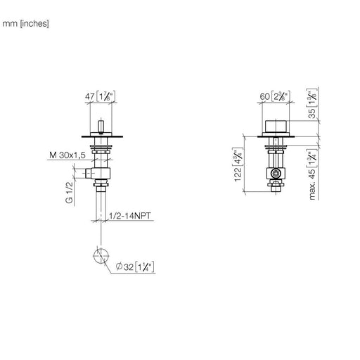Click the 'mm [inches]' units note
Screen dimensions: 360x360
click(25, 24)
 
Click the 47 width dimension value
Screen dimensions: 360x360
click(89, 96)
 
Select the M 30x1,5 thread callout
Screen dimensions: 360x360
click(67, 155)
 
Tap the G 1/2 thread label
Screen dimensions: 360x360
click(70, 193)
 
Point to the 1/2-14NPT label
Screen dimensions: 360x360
click(130, 216)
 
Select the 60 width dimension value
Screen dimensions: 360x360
click(265, 96)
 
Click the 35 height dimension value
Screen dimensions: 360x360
click(312, 113)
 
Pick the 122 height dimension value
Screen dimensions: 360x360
click(238, 174)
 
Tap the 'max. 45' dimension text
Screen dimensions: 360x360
click(312, 184)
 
